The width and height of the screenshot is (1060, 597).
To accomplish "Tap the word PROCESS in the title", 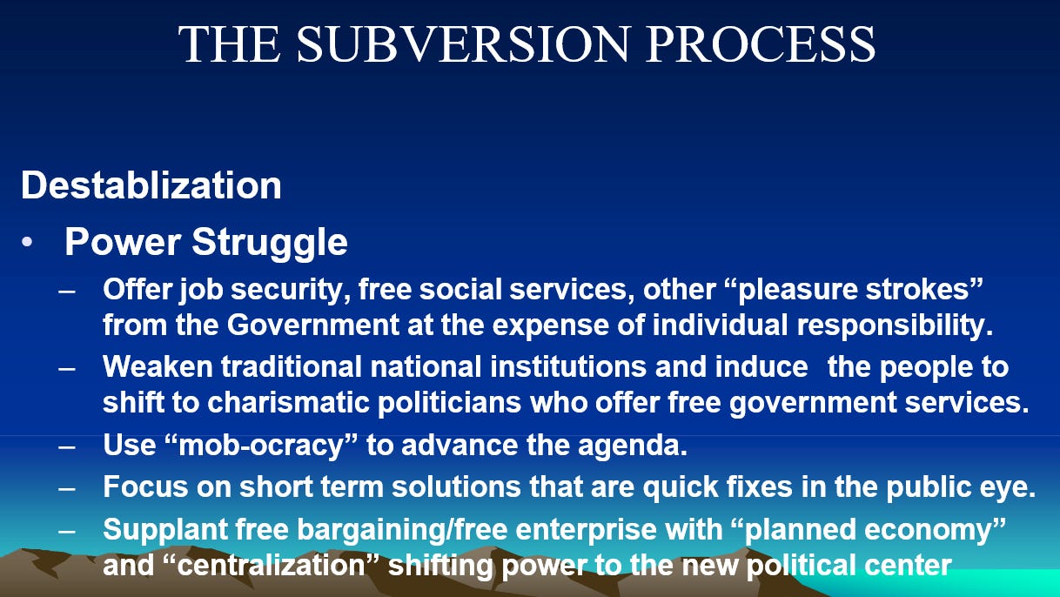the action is (760, 44).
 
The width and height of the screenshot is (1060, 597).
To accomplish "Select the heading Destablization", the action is (151, 185).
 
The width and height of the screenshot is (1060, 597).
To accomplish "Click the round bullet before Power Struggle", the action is (27, 242).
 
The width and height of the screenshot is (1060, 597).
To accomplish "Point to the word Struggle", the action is (269, 243).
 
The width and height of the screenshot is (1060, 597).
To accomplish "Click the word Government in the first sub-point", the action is (312, 325).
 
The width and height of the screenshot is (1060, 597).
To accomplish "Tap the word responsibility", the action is (895, 326).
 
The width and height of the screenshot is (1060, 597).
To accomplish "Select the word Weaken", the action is (158, 366).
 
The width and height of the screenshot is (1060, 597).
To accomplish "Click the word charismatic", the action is (288, 403).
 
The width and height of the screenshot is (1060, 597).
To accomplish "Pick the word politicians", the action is (449, 404).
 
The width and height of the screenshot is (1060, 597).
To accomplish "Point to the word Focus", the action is (145, 486).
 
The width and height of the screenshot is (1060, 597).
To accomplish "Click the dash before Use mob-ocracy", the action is (67, 447).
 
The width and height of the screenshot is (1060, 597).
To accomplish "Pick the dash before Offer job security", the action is (67, 291).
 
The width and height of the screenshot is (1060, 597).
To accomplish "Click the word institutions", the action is (568, 366).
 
